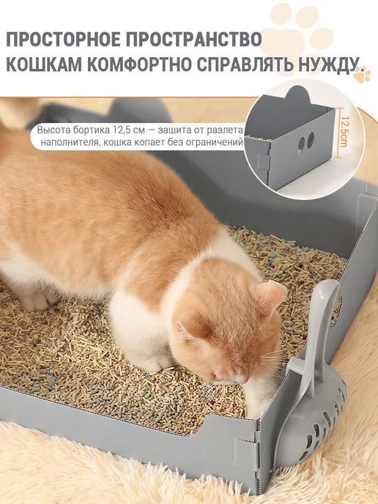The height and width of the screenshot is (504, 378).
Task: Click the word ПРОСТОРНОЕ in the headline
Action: coord(63,40)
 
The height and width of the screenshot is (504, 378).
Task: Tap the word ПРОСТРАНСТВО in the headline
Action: coord(193,40)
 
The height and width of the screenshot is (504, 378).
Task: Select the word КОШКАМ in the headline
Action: coord(44,64)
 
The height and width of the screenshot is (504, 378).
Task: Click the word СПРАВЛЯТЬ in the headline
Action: coord(245,64)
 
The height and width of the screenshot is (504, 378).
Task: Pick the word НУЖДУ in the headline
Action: coord(327,65)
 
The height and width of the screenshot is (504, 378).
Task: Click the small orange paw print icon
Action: coord(362,75)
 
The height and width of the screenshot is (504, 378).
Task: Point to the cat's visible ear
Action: coord(272,293)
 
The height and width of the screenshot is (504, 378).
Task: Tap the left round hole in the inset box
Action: coord(302,143)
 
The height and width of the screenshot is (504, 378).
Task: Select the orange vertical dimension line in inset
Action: coord(336,133)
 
